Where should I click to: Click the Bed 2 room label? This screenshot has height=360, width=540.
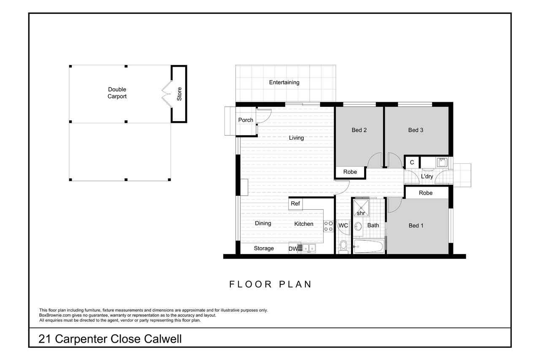pyautogui.click(x=359, y=130)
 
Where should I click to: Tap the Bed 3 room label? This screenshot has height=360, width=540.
pyautogui.click(x=416, y=130)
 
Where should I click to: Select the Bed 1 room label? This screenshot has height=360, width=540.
pyautogui.click(x=416, y=226)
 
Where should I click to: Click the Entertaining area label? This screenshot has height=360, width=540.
pyautogui.click(x=284, y=82)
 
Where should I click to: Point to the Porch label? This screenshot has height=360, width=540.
pyautogui.click(x=246, y=120)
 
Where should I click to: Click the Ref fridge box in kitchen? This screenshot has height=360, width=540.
pyautogui.click(x=295, y=203)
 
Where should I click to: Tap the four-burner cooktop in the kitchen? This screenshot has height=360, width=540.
pyautogui.click(x=328, y=226)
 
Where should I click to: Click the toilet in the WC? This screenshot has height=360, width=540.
pyautogui.click(x=343, y=246)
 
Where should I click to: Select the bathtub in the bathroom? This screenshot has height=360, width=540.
pyautogui.click(x=368, y=246)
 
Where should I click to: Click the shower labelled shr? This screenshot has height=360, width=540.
pyautogui.click(x=361, y=207)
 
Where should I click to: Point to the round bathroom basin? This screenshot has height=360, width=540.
pyautogui.click(x=358, y=226)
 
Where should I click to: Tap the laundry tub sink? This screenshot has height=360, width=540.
pyautogui.click(x=442, y=162)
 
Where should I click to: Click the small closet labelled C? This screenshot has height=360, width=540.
pyautogui.click(x=412, y=162)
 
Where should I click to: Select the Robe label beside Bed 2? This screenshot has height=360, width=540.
pyautogui.click(x=350, y=172)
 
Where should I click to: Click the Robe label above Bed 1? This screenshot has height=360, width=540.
pyautogui.click(x=426, y=193)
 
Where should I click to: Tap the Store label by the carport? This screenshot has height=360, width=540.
pyautogui.click(x=179, y=94)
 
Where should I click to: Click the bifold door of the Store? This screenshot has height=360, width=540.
pyautogui.click(x=166, y=94)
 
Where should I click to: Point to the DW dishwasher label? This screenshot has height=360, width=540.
pyautogui.click(x=293, y=249)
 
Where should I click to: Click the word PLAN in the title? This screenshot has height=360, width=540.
pyautogui.click(x=295, y=284)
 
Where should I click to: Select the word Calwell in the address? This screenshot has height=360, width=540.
pyautogui.click(x=163, y=339)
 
